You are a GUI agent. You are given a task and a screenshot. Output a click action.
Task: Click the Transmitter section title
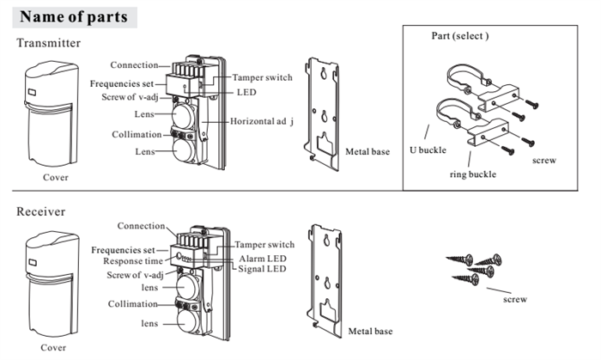(49, 43)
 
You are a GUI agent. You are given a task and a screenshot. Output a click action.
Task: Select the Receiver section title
(41, 211)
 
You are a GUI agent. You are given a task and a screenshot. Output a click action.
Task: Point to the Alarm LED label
(262, 257)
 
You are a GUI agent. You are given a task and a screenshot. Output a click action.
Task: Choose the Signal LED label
(263, 269)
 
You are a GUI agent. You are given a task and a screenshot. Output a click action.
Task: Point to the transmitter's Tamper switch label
(264, 77)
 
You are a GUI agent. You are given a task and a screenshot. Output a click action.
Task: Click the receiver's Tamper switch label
(265, 245)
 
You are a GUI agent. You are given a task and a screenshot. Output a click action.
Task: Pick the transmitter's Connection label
(134, 65)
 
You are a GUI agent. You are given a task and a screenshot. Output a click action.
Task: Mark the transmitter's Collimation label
(137, 135)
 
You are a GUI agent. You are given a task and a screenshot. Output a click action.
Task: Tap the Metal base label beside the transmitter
(368, 151)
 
